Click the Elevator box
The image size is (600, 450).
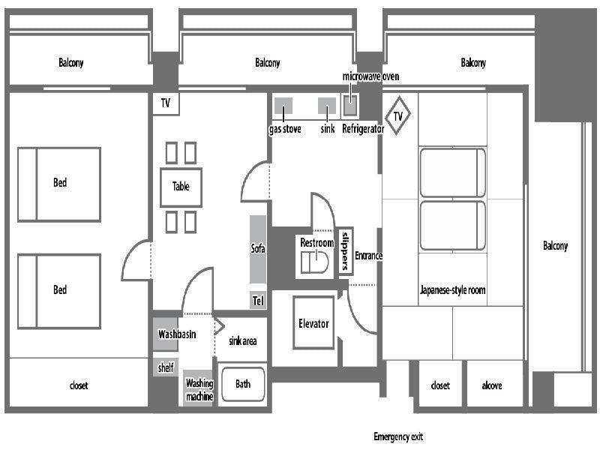[313, 322]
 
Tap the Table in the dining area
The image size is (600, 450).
[181, 187]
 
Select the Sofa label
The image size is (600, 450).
[258, 248]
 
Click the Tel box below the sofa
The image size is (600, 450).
[258, 301]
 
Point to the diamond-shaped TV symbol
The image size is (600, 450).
[398, 115]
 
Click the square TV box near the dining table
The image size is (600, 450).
[166, 103]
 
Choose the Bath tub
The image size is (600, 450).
[243, 384]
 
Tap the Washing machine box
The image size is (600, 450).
[199, 388]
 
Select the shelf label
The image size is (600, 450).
[166, 367]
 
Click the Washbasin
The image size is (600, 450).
[166, 334]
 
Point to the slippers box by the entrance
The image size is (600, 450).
[346, 251]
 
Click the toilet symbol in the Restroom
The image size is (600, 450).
[314, 262]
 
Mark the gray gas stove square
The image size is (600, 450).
[283, 106]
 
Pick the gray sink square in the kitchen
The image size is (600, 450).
[327, 106]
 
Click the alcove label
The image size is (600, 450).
[492, 385]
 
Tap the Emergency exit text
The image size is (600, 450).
[398, 436]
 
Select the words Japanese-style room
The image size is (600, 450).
[453, 290]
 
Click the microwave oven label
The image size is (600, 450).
[370, 76]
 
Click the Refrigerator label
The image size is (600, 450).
[363, 129]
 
